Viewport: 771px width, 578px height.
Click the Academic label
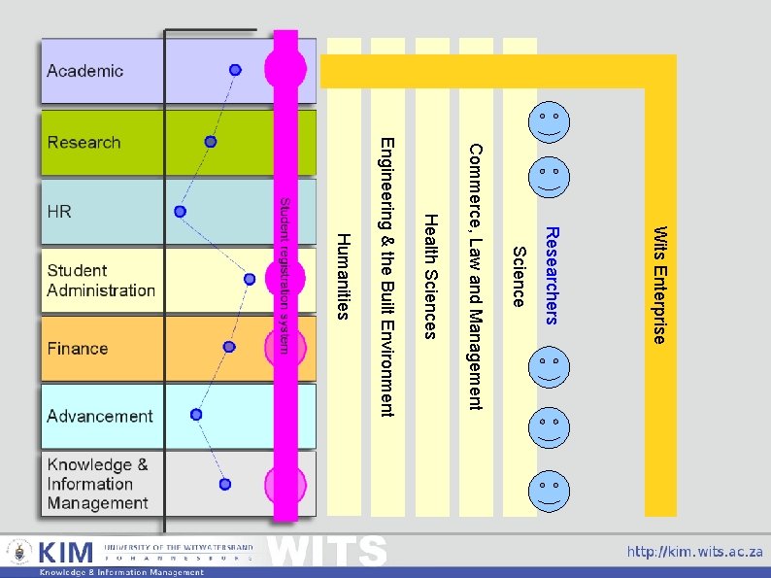click(x=85, y=71)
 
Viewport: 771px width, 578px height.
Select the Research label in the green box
click(x=84, y=143)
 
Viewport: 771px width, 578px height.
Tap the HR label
click(x=59, y=212)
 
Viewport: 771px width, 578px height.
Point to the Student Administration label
click(x=101, y=281)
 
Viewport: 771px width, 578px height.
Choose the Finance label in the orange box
click(x=78, y=349)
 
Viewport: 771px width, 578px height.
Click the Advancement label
click(x=100, y=417)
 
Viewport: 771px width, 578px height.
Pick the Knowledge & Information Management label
click(x=97, y=484)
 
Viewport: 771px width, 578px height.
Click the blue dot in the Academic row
click(x=235, y=70)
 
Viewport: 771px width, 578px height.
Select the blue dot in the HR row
click(x=180, y=211)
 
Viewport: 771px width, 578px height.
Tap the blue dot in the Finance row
click(x=229, y=347)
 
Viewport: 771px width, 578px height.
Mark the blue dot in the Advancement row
click(x=196, y=414)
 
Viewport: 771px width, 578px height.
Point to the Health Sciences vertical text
click(x=431, y=276)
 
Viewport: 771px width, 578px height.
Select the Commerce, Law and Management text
click(x=475, y=276)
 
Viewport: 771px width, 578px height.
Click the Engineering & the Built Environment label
click(x=386, y=277)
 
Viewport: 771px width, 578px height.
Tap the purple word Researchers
click(x=551, y=276)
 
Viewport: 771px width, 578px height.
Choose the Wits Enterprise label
click(x=659, y=285)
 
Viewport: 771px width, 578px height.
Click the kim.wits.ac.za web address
click(x=694, y=552)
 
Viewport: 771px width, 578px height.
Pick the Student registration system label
click(x=285, y=276)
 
